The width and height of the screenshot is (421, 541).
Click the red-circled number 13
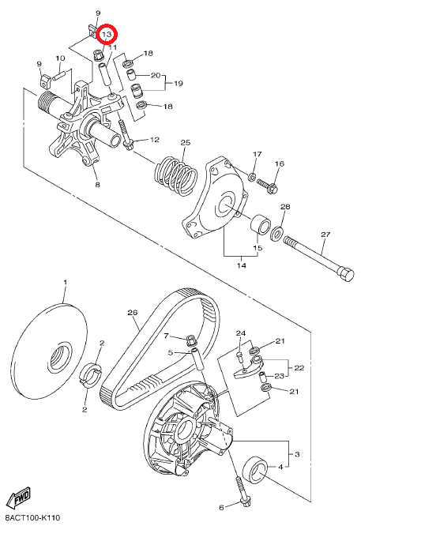coord(107,34)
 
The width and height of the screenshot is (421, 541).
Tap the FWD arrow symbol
coord(19,497)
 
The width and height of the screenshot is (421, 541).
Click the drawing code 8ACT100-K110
coord(32,518)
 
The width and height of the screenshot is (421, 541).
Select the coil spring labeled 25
coord(176,176)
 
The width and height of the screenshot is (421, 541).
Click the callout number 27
coord(325,235)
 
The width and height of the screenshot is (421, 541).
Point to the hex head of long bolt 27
coord(347,274)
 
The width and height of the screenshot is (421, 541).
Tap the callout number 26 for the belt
coord(133,313)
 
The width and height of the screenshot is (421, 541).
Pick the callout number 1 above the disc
coord(66,283)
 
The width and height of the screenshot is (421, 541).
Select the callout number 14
coord(242,265)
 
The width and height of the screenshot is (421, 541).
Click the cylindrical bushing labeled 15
coord(261,224)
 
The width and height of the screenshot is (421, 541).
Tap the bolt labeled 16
coord(268,186)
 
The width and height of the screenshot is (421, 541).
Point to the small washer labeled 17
coord(252,178)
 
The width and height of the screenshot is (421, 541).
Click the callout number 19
coord(178,84)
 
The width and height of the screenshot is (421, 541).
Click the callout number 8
coord(97,185)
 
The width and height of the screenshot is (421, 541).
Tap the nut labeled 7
coord(190,340)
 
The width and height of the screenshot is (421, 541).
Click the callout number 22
coord(299,368)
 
